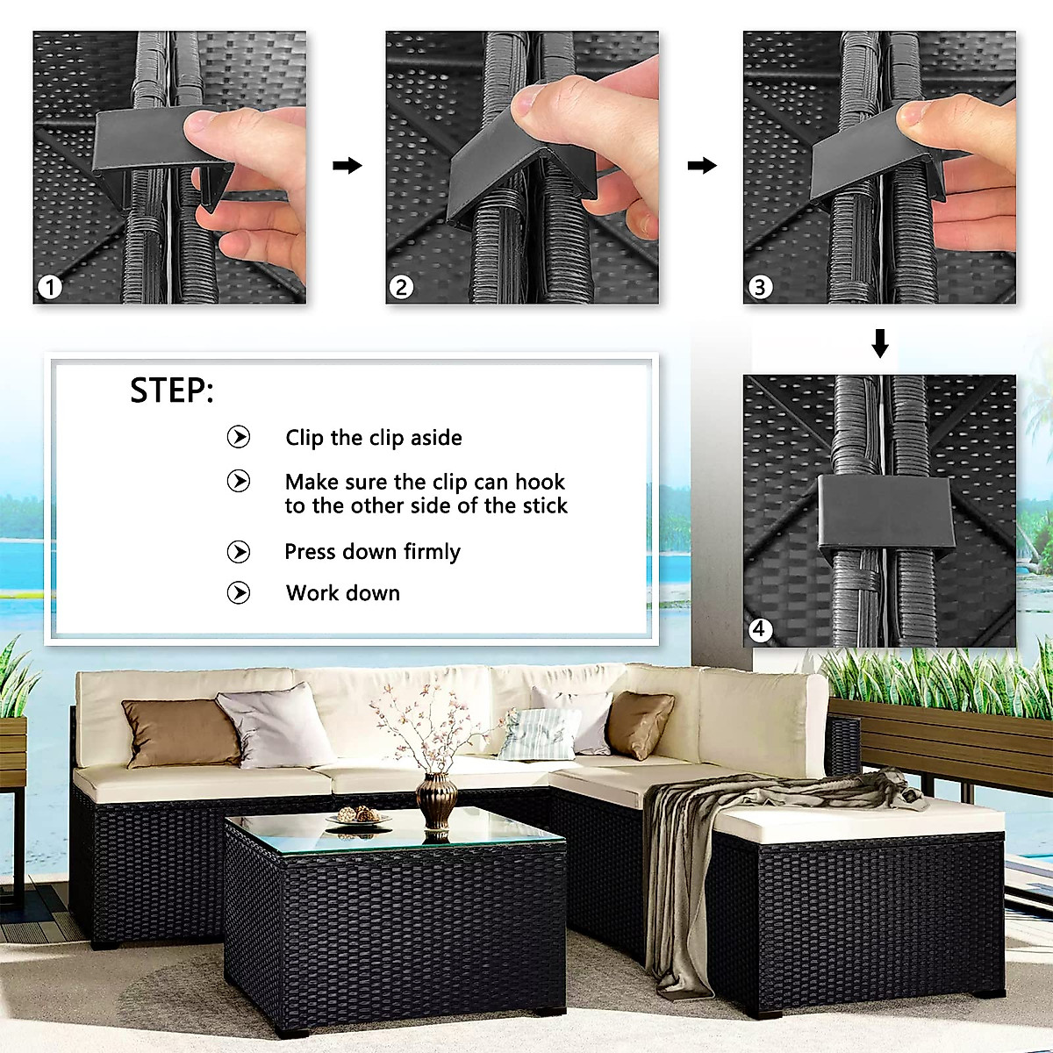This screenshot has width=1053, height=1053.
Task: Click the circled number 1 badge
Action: tap(50, 287)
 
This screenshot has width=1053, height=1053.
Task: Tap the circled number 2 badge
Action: tap(401, 287)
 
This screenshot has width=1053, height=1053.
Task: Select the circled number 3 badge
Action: tap(760, 287)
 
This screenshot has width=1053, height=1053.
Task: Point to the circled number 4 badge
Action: tap(760, 629)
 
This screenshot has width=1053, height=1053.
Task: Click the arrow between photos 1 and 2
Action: tap(347, 165)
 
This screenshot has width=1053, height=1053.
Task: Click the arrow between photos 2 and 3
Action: tap(702, 165)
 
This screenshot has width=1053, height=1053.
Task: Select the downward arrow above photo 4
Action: tap(880, 343)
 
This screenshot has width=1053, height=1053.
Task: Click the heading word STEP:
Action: tap(172, 390)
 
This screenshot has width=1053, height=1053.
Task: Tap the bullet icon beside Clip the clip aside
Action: tap(239, 437)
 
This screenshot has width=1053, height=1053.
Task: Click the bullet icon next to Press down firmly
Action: tap(239, 552)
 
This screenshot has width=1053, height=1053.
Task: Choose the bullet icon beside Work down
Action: tap(239, 593)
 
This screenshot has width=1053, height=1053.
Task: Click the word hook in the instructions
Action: tap(540, 482)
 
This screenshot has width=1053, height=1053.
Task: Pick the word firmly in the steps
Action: tap(432, 552)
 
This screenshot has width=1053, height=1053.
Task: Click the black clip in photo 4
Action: tap(885, 513)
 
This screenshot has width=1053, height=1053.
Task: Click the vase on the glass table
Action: tap(436, 799)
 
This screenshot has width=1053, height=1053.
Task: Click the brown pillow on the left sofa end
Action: tap(182, 734)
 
